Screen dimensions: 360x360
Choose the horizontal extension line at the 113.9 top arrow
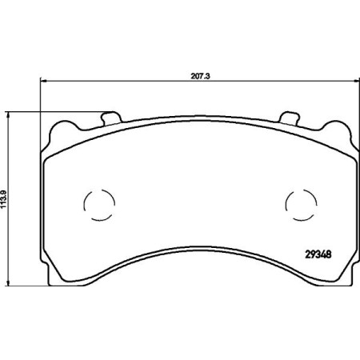point(56,112)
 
